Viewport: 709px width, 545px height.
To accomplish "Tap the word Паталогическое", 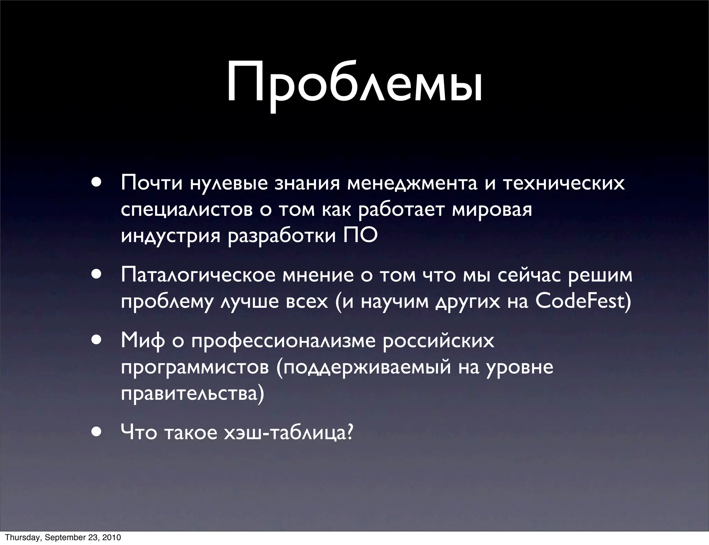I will coord(198,276).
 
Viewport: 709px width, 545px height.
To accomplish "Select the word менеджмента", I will coord(412,183).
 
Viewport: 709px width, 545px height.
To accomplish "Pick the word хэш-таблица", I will coord(288,432).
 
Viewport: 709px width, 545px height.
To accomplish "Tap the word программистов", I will coord(195,368).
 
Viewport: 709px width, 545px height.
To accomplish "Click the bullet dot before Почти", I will coord(97,183).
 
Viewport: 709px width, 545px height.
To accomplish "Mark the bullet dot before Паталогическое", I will coord(97,274).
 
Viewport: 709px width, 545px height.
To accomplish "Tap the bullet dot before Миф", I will coord(97,340).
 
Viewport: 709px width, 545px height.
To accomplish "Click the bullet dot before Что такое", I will coord(97,432).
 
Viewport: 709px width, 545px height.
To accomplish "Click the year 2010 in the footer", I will coord(112,537).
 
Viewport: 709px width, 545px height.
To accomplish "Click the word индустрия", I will coord(171,236).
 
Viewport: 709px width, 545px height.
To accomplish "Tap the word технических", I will coord(564,183).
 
